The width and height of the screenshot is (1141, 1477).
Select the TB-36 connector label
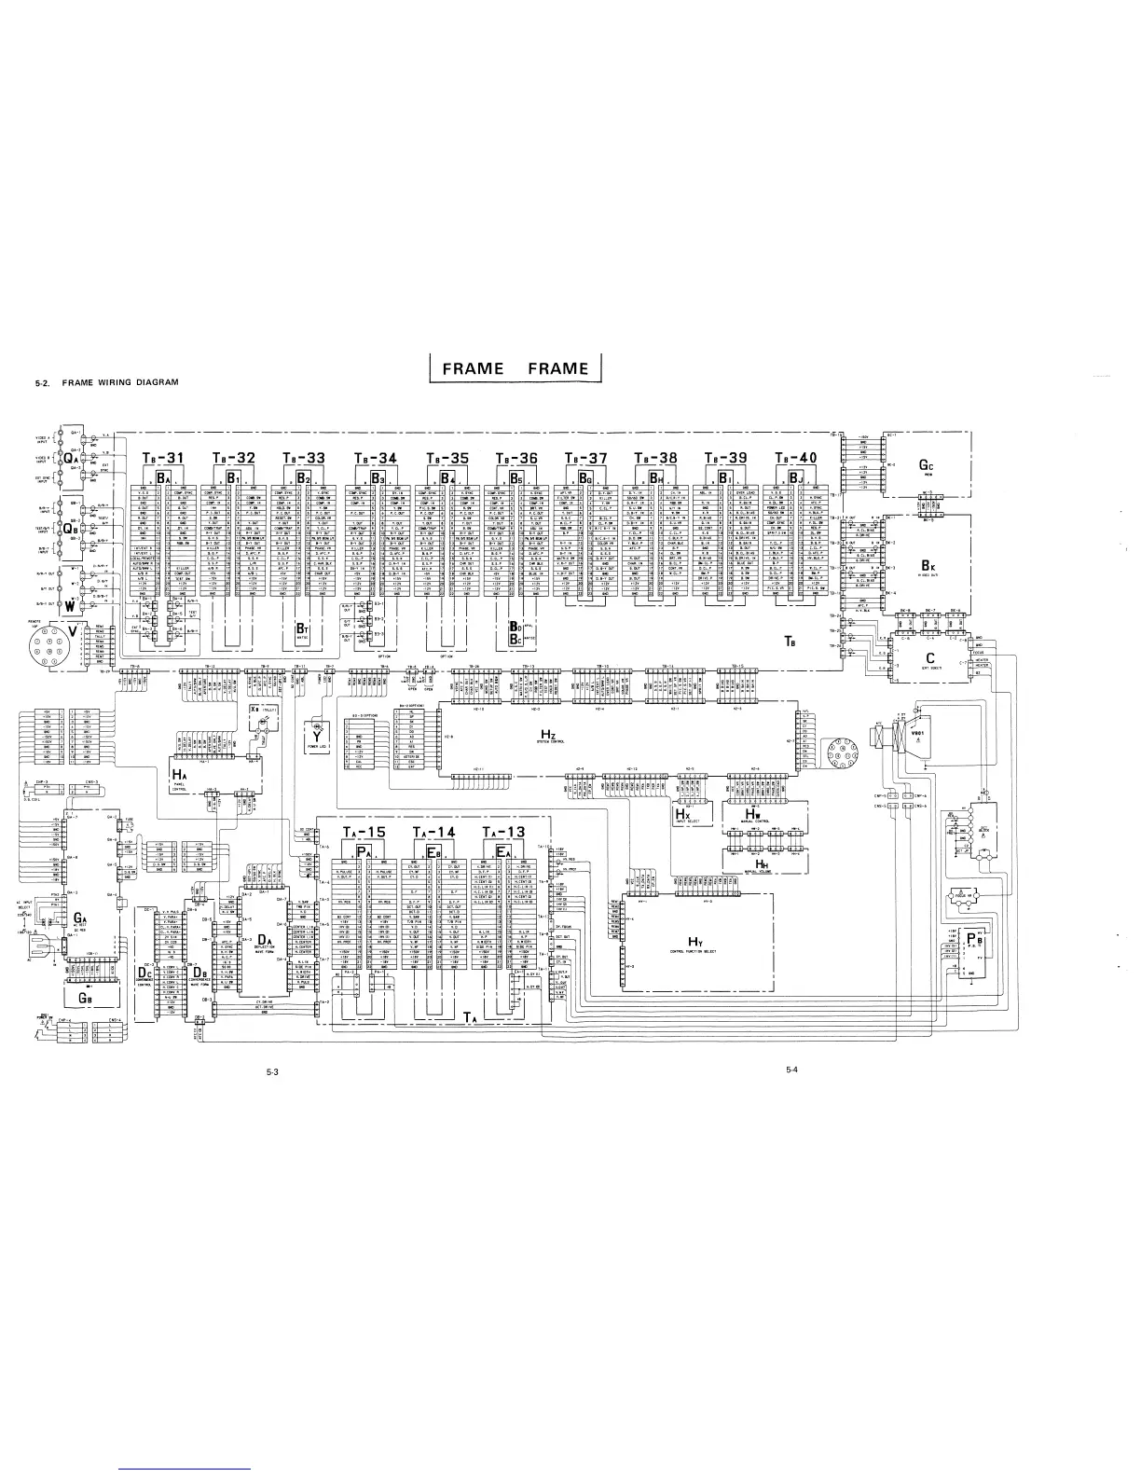click(x=517, y=458)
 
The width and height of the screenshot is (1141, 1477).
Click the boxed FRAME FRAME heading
click(x=516, y=368)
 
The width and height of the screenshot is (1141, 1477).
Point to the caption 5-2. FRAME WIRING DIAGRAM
click(x=104, y=382)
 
